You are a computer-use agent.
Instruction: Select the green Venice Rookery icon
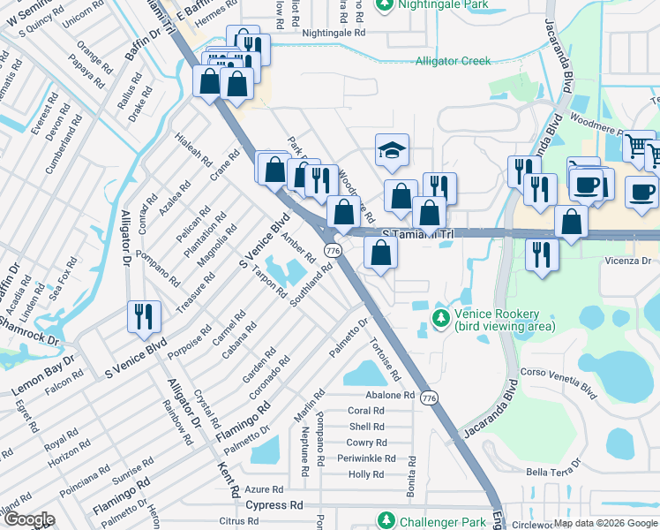pos(439,316)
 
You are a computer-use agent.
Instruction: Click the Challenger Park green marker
pos(385,520)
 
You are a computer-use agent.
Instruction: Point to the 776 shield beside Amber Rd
pos(333,251)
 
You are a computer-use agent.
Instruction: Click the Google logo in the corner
pos(28,519)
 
